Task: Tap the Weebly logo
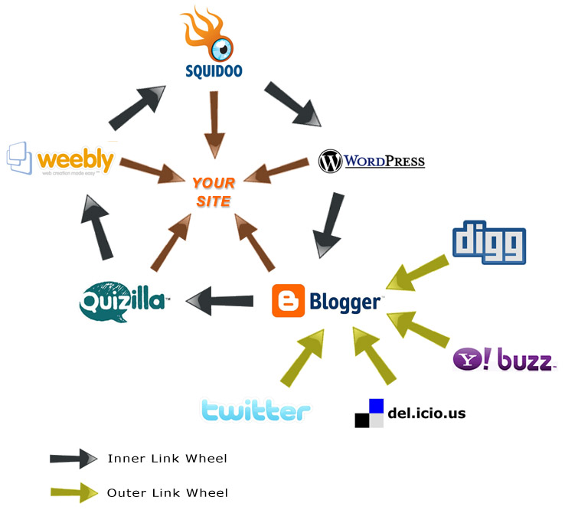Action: [61, 159]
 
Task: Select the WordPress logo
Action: [371, 161]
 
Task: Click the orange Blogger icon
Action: [288, 301]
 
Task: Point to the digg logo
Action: [488, 243]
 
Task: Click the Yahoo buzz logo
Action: [503, 359]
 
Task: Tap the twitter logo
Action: [256, 410]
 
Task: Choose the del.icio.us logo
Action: [410, 414]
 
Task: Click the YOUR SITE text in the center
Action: [213, 191]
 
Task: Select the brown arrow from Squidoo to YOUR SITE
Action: [214, 123]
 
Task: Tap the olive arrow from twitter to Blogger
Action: [302, 357]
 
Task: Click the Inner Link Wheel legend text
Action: [167, 459]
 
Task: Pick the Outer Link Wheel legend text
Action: [167, 493]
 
